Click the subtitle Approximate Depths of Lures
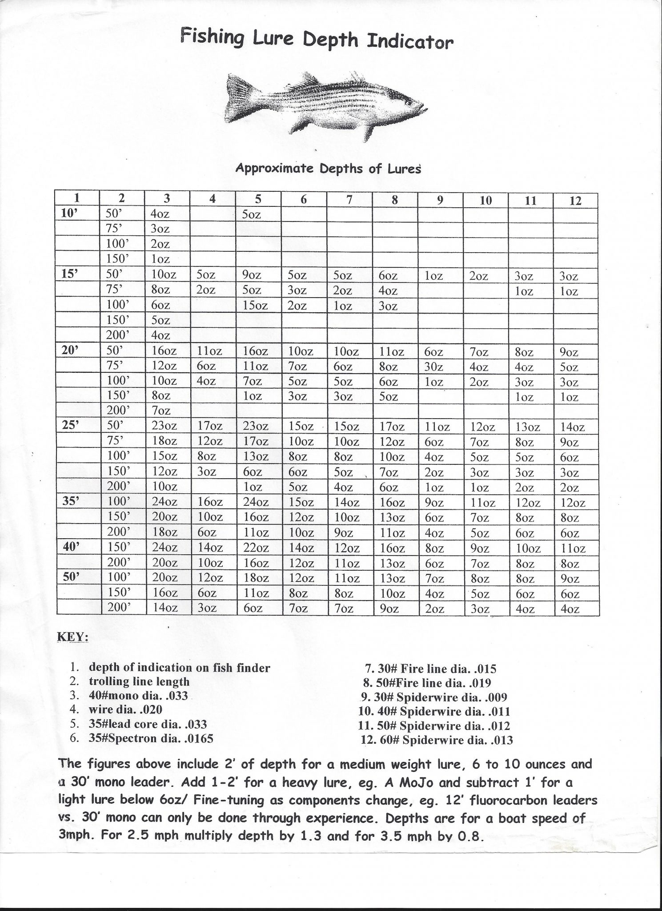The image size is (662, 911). (328, 169)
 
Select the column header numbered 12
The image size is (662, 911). (575, 200)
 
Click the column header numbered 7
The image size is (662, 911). (349, 200)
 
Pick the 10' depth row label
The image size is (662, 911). (69, 214)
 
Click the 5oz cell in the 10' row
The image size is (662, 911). (252, 214)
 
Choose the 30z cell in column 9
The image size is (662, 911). (434, 367)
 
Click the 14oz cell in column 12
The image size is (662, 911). (572, 427)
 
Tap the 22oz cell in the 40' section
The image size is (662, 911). (255, 548)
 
